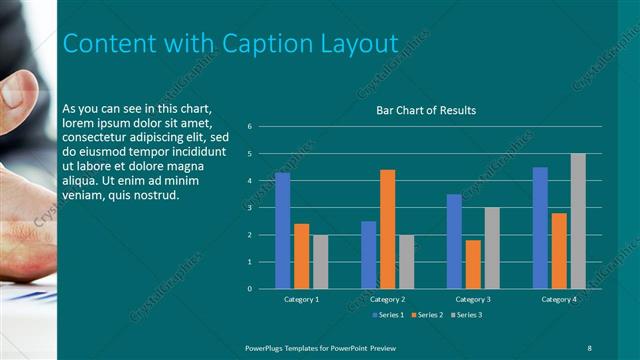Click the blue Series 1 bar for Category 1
point(282,230)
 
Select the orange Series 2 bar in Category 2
point(388,229)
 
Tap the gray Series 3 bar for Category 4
point(578,221)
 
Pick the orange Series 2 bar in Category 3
point(473,264)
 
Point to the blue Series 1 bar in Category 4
point(540,227)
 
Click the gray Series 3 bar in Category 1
point(320,261)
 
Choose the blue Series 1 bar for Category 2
point(368,254)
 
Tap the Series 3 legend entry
point(466,315)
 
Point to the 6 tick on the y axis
point(263,127)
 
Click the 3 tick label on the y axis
point(263,208)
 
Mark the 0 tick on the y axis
point(263,289)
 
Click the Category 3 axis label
point(473,299)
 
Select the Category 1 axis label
point(301,299)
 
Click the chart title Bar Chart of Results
point(425,110)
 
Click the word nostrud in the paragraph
point(156,195)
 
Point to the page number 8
point(589,346)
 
